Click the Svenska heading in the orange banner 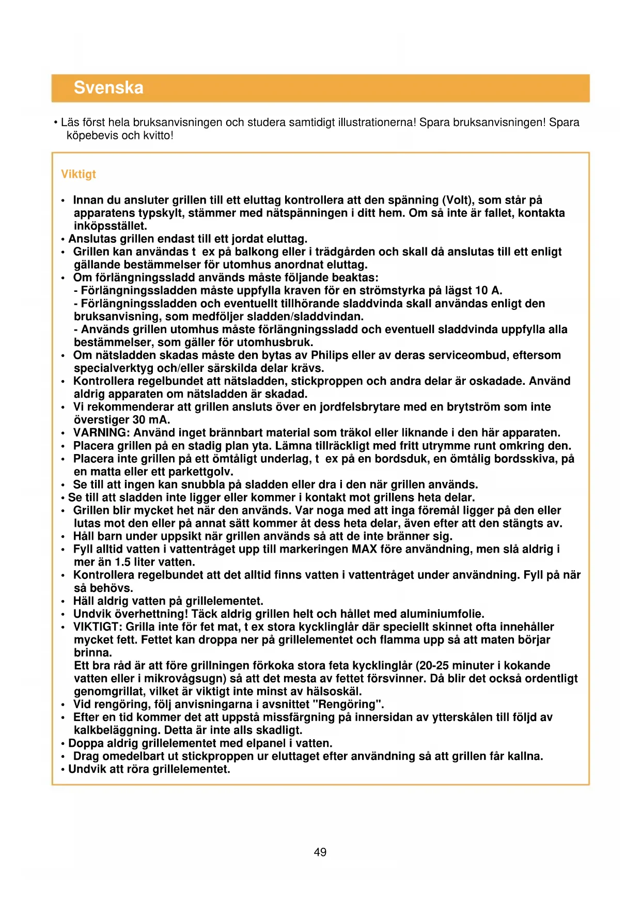(108, 88)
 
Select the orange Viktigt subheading (79, 174)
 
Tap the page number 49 (320, 852)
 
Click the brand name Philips (331, 355)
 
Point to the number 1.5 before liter (122, 563)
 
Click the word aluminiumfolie (441, 614)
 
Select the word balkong (256, 252)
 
